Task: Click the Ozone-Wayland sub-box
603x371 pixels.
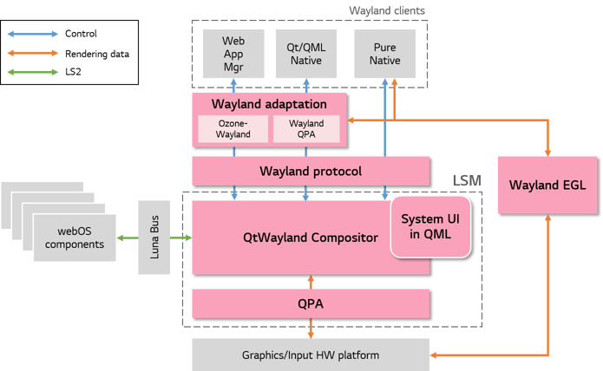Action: [x=233, y=129]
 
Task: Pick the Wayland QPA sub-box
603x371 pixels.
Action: [x=305, y=129]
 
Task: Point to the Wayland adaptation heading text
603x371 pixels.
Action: [x=269, y=104]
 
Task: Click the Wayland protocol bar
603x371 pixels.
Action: [x=311, y=171]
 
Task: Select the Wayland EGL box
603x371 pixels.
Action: [x=547, y=185]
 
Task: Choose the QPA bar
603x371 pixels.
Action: [x=311, y=304]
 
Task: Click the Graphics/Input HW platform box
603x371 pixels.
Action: [x=310, y=355]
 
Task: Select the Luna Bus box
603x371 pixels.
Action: [x=154, y=237]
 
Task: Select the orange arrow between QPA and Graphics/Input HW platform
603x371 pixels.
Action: [x=311, y=329]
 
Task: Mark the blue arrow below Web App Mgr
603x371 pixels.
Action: [x=233, y=85]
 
